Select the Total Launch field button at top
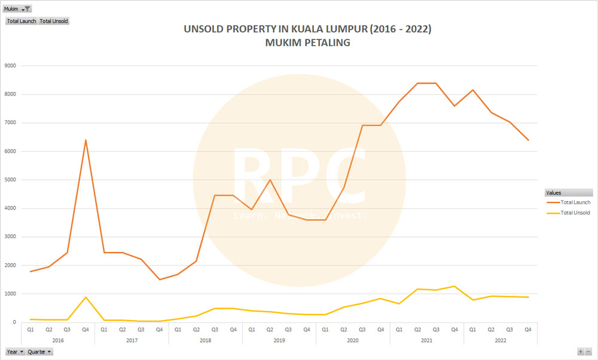[x=22, y=21]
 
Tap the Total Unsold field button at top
[x=54, y=21]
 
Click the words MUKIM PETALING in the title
[x=309, y=43]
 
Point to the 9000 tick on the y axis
[x=11, y=66]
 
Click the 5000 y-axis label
[x=11, y=180]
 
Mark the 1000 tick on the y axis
[x=11, y=294]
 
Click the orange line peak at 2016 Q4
[x=86, y=140]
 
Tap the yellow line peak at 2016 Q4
[x=86, y=297]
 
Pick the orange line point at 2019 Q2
[x=270, y=180]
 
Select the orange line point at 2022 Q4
[x=528, y=140]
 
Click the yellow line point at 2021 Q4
[x=454, y=287]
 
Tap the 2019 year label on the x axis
[x=279, y=340]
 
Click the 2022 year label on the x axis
[x=501, y=340]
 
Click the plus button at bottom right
[x=580, y=352]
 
